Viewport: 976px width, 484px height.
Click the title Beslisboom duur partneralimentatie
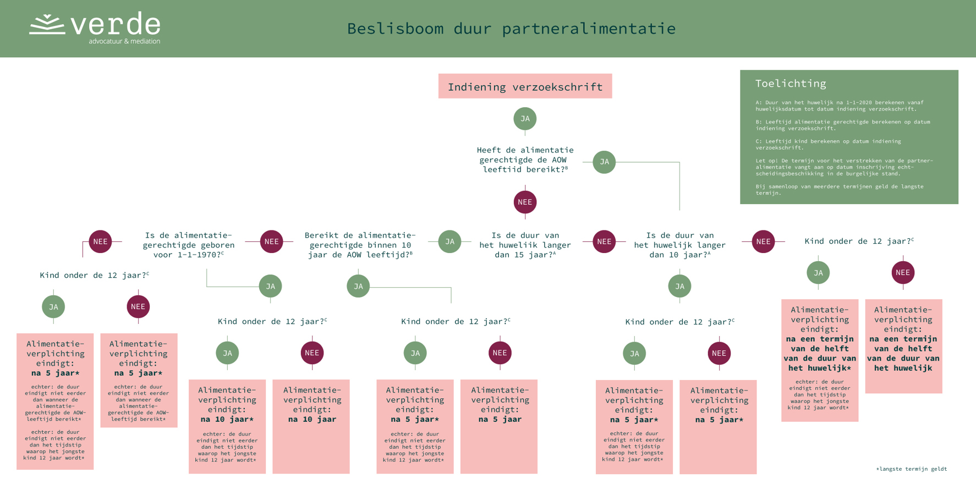(511, 29)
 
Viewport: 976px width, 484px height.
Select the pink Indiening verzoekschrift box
(525, 86)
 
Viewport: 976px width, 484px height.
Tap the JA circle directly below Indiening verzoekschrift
(525, 119)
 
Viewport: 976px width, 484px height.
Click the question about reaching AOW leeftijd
(525, 159)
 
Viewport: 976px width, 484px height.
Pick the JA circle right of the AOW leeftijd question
(604, 162)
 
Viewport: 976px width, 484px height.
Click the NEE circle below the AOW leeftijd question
(525, 202)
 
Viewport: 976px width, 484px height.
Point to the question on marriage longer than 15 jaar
(525, 245)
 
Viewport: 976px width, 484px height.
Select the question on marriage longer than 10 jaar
(679, 245)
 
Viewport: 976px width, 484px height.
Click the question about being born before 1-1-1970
(188, 245)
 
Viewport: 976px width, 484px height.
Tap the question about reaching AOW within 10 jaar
(360, 245)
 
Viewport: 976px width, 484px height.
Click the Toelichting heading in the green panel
(790, 84)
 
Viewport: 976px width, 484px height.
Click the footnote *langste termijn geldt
(911, 469)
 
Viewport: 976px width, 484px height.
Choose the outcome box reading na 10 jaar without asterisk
(311, 426)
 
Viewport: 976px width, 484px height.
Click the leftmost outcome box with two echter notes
(55, 402)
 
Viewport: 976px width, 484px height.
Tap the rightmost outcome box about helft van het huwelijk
(903, 346)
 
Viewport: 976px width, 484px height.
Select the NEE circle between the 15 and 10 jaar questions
(604, 241)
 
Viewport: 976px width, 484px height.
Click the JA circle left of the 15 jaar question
(449, 241)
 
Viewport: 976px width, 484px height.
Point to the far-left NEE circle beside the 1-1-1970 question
(100, 241)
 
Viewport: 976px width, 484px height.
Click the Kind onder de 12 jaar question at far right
(859, 241)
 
